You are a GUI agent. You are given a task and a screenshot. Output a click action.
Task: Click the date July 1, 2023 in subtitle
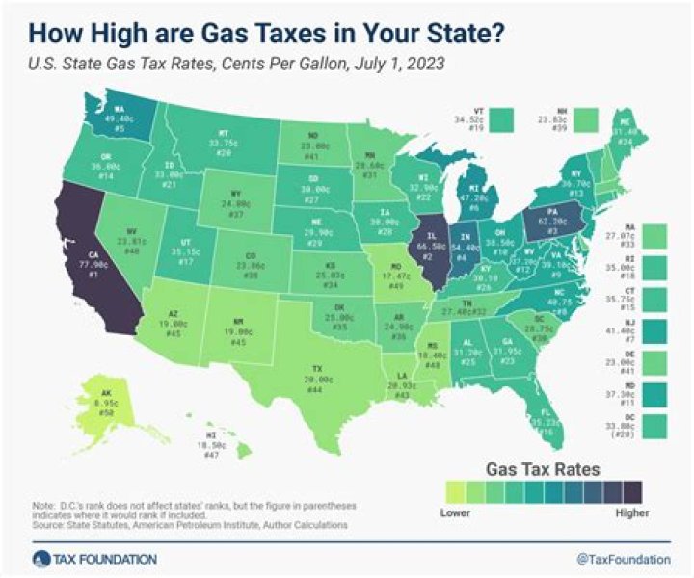click(351, 62)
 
